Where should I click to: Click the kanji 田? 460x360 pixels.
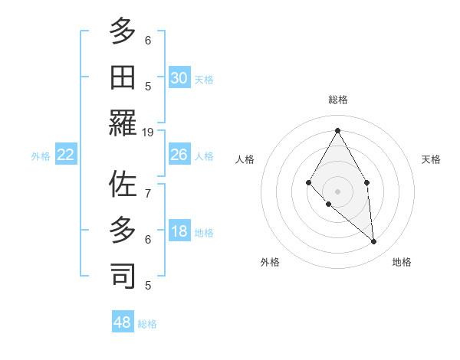(x=123, y=77)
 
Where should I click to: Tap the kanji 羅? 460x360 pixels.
(x=123, y=123)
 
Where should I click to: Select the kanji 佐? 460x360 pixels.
(x=123, y=185)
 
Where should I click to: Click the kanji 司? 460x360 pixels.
(x=123, y=276)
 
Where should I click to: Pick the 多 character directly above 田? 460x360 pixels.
(x=123, y=31)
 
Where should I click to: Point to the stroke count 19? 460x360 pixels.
(x=148, y=132)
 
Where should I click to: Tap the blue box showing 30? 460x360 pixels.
(x=179, y=78)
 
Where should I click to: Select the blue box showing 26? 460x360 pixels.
(x=179, y=155)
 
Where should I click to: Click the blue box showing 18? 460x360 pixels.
(x=179, y=232)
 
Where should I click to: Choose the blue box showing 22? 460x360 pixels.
(x=66, y=155)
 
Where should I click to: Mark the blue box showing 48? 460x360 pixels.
(x=122, y=322)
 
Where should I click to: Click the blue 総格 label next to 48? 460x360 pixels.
(x=147, y=324)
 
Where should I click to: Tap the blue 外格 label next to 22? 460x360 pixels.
(x=41, y=156)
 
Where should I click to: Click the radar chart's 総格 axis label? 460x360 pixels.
(x=337, y=100)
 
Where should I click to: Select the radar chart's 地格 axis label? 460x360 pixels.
(x=402, y=262)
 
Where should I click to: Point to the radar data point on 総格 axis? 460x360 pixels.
(x=337, y=130)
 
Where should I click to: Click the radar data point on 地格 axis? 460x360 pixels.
(x=373, y=241)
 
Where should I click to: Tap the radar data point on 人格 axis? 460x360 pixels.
(x=308, y=182)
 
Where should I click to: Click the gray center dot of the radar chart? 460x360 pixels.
(x=337, y=191)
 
